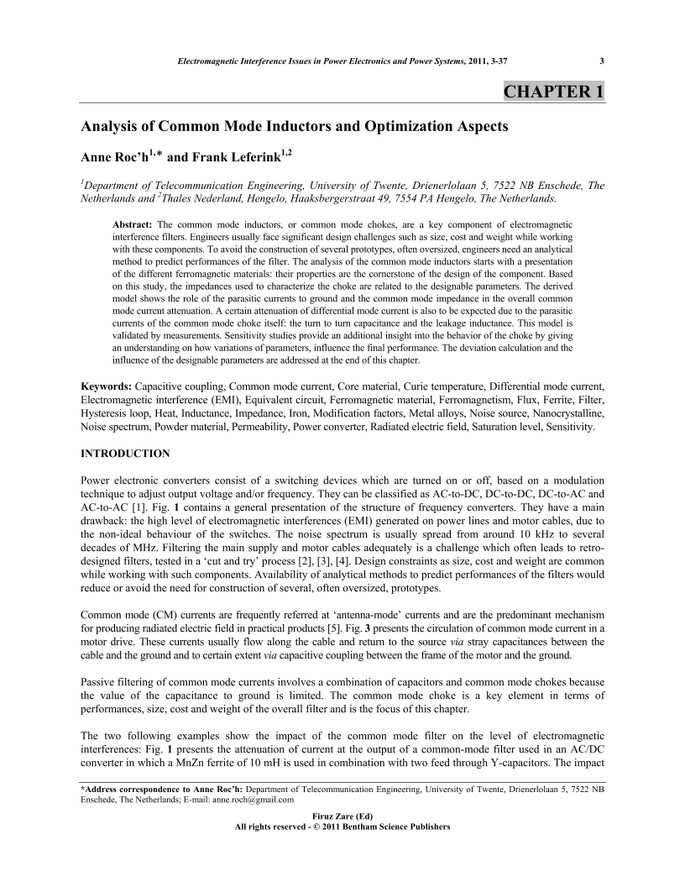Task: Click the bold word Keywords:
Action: (106, 386)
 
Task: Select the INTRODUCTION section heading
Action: (125, 454)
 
